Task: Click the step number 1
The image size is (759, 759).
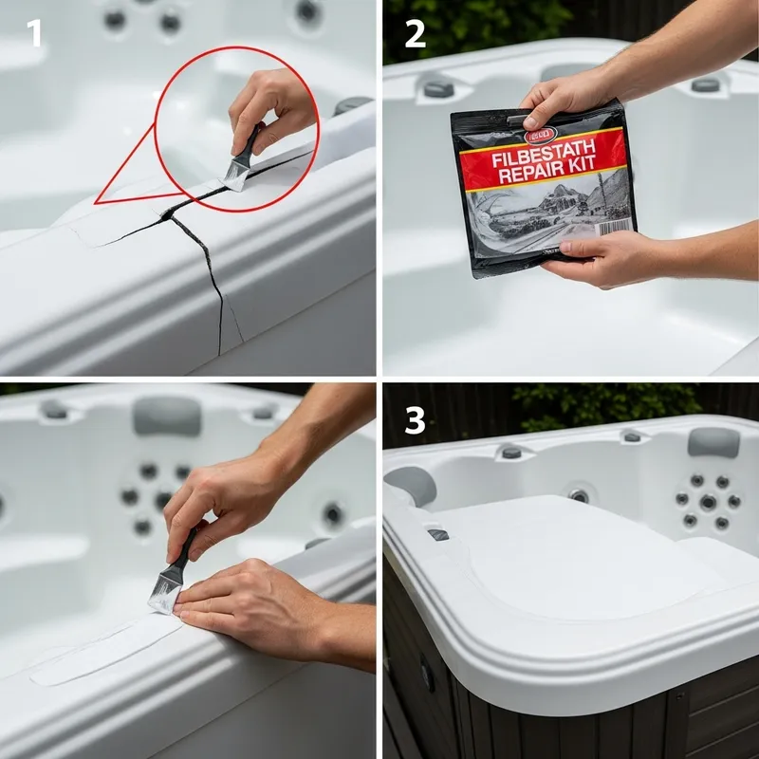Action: click(35, 34)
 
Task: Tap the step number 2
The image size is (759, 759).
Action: click(415, 34)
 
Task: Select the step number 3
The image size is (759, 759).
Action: click(415, 420)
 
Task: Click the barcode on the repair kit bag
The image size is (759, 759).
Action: click(616, 229)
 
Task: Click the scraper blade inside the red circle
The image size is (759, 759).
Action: click(236, 174)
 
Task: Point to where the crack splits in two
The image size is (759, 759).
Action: click(169, 216)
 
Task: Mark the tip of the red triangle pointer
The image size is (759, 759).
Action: click(95, 202)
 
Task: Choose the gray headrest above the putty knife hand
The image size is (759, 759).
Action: click(166, 416)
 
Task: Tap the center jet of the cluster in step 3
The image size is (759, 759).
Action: click(708, 501)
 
